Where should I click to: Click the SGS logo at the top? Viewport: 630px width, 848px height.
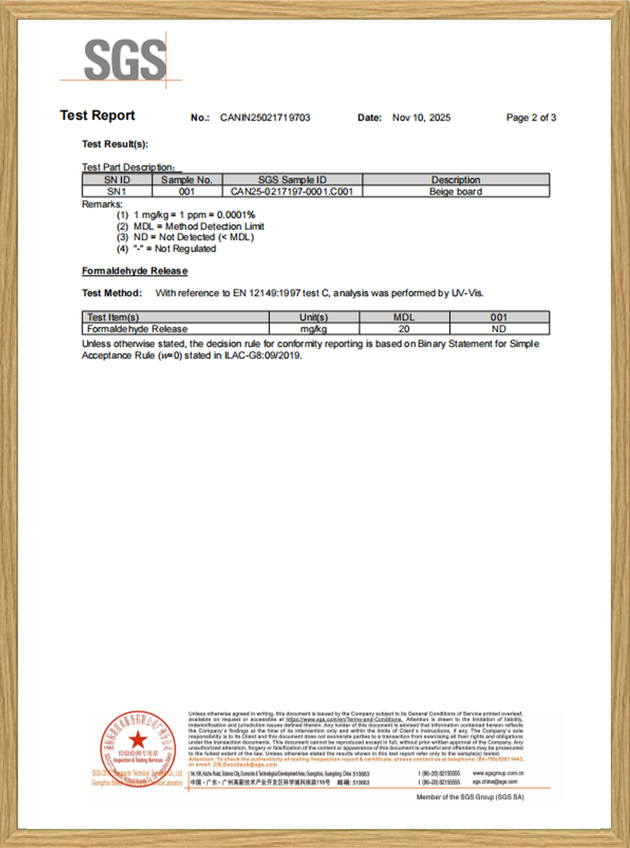[125, 59]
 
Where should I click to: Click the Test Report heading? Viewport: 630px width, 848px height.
[97, 116]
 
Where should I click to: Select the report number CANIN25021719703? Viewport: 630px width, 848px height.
[265, 118]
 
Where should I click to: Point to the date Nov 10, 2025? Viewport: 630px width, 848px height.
[421, 118]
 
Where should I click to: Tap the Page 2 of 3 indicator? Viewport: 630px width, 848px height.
[531, 118]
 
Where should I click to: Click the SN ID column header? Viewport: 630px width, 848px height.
[117, 180]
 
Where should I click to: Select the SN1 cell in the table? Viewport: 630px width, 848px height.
[117, 192]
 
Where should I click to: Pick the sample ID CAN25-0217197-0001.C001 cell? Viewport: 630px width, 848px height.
[292, 192]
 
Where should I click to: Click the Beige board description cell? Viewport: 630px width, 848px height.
[456, 192]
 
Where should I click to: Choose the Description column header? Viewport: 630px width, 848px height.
[456, 180]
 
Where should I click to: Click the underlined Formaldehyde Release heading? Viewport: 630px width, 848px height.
[135, 271]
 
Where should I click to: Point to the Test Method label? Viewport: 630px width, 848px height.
[112, 293]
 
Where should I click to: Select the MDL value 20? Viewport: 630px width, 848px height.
[404, 329]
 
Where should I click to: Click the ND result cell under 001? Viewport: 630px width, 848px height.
[499, 329]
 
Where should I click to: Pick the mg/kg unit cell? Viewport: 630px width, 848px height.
[314, 329]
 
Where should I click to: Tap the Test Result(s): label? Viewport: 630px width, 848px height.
[115, 144]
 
